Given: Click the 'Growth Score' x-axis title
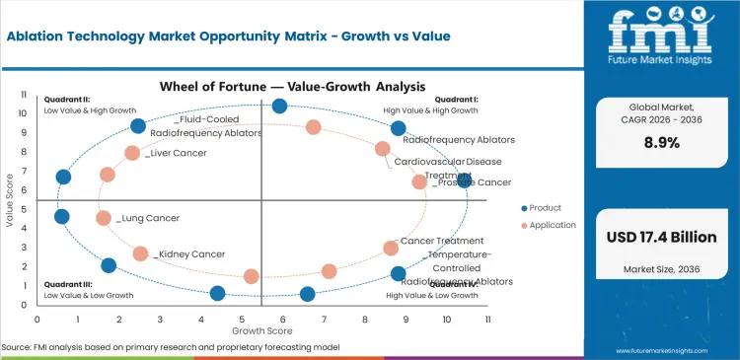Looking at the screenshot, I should pyautogui.click(x=261, y=330).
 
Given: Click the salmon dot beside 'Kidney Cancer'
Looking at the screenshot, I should pyautogui.click(x=140, y=253).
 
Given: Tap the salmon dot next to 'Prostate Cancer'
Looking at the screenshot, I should pyautogui.click(x=419, y=181).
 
